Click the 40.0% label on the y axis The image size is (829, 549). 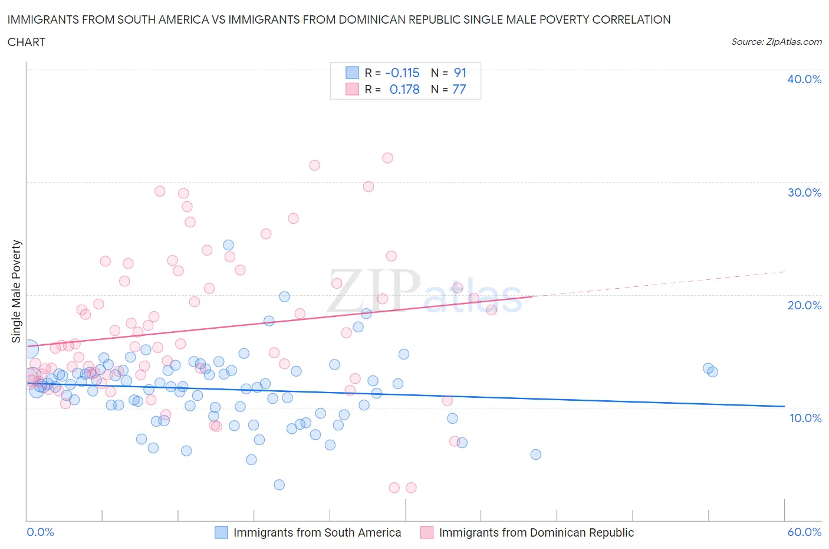point(804,79)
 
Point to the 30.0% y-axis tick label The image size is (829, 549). point(804,192)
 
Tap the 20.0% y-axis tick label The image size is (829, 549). point(804,305)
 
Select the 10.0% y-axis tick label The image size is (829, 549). point(804,418)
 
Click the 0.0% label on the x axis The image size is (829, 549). point(40,532)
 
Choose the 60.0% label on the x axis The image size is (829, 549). point(804,532)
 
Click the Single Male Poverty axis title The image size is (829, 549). point(17,291)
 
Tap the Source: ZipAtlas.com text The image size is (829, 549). point(776,41)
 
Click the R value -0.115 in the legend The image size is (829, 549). point(402,73)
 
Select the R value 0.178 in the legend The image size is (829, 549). point(404,89)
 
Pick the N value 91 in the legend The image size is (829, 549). point(460,73)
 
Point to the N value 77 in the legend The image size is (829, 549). point(459,89)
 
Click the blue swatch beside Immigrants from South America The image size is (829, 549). point(221,532)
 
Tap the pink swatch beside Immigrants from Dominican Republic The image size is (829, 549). point(426,532)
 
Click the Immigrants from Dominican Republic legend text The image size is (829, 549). point(536,532)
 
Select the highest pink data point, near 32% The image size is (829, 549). point(387,158)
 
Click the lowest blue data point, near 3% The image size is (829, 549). point(279,485)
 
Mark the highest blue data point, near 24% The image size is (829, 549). point(228,245)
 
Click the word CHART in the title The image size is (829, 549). point(27,42)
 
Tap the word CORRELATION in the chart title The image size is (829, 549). point(631,19)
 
